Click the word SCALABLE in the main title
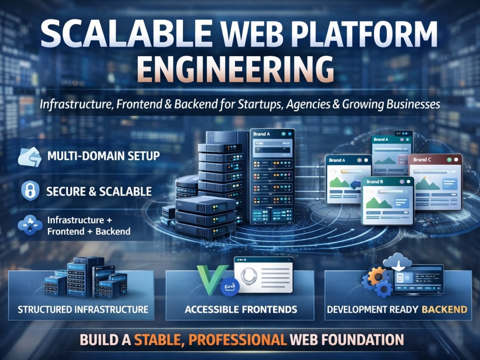(126, 34)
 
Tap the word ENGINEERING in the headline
(235, 69)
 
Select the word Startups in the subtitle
(259, 105)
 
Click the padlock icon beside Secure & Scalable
(30, 191)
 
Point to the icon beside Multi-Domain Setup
(30, 157)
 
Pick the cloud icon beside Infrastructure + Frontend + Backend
(30, 225)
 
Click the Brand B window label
(375, 182)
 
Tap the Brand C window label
(422, 159)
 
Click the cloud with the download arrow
(397, 262)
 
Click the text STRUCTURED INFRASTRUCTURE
(83, 310)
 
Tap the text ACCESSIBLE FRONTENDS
(241, 310)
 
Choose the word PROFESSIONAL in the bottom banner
(238, 340)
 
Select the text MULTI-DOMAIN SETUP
(104, 156)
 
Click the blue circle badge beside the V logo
(230, 287)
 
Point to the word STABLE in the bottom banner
(159, 340)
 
